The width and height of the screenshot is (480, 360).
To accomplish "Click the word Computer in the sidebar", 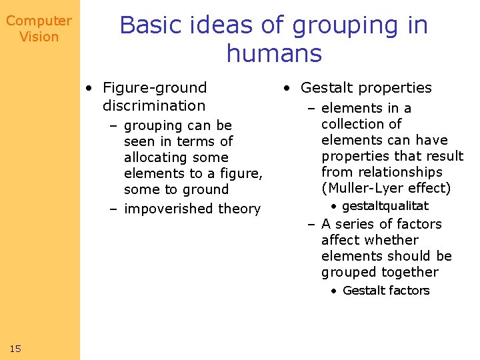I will click(x=39, y=21).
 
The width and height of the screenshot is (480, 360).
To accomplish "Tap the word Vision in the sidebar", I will click(x=39, y=37).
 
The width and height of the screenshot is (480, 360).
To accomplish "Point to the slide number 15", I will click(x=16, y=349).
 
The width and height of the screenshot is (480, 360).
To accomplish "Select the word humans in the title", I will click(x=274, y=53).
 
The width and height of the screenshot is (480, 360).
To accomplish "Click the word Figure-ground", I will click(x=155, y=88).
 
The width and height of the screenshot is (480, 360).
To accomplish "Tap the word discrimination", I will click(x=154, y=105).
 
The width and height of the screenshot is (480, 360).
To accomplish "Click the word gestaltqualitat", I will click(x=385, y=206).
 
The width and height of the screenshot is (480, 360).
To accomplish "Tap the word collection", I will click(x=353, y=124).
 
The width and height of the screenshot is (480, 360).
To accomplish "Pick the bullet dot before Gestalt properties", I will click(x=285, y=88).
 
